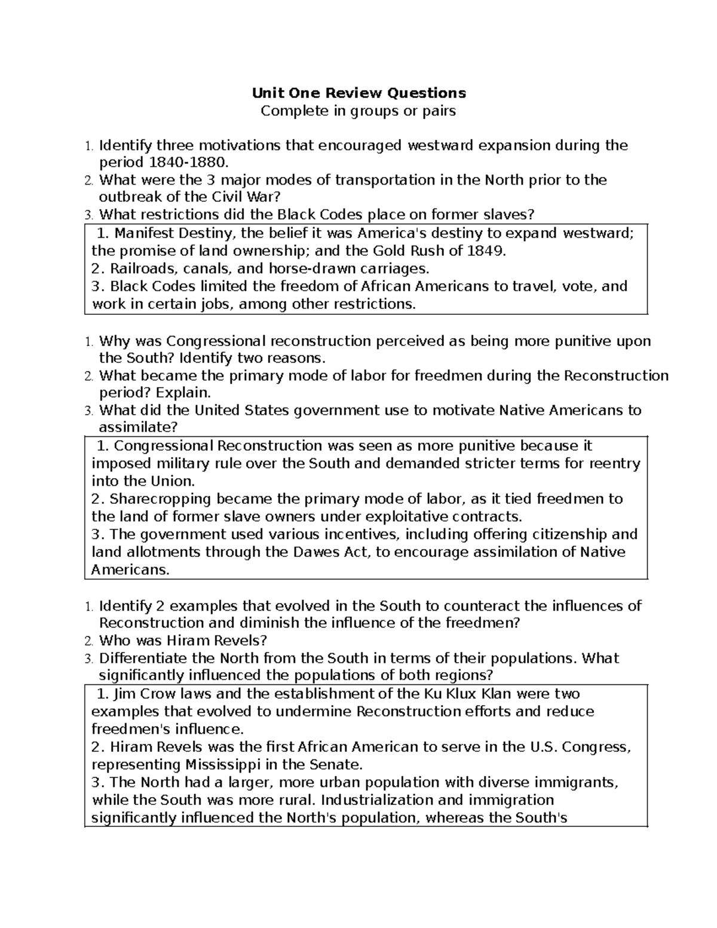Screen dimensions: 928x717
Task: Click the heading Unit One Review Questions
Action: point(358,93)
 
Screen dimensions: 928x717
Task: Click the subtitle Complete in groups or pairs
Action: point(358,111)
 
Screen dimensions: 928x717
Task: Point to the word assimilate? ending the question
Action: point(138,427)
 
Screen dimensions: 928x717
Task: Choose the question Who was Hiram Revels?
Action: point(183,641)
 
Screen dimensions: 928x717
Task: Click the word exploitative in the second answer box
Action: point(406,517)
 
